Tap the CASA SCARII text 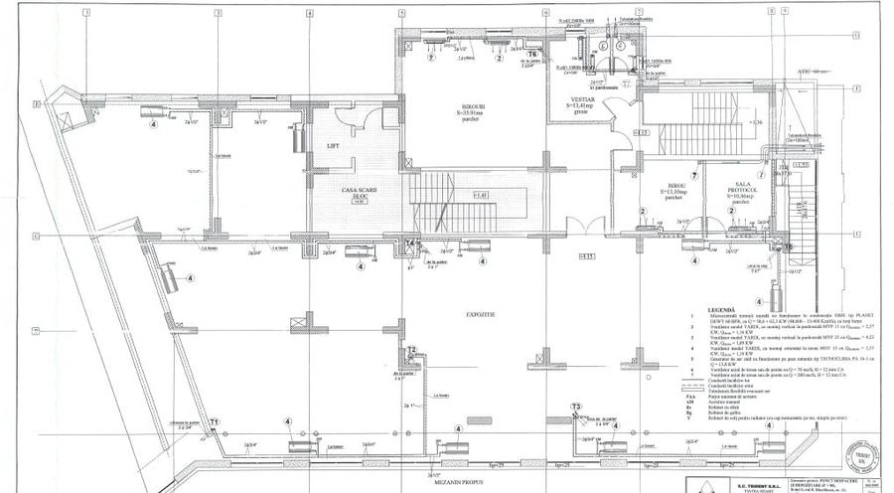click(355, 193)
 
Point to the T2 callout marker click(411, 350)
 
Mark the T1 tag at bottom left click(214, 422)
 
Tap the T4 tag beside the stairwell click(410, 243)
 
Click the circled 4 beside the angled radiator click(190, 278)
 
